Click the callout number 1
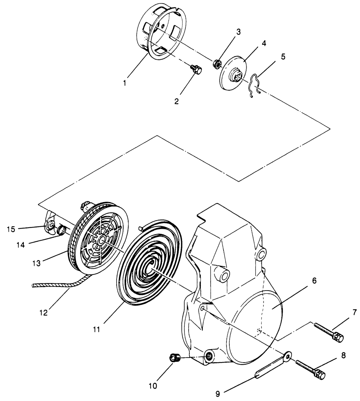coord(124,83)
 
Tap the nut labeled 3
coord(217,64)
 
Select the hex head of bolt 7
coord(338,337)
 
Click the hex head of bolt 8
coord(320,374)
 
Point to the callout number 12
coord(43,313)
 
